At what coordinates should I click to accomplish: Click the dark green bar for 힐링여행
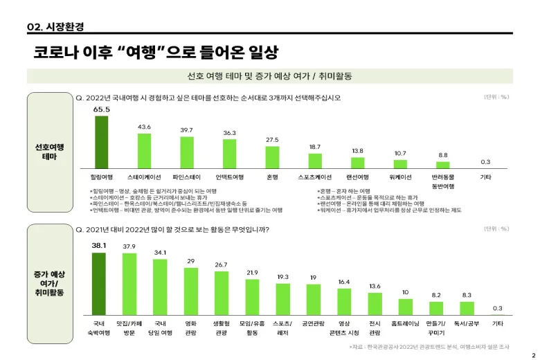pyautogui.click(x=102, y=141)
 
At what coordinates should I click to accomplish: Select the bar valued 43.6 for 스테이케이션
pyautogui.click(x=145, y=150)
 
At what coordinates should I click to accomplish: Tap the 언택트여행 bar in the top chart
pyautogui.click(x=230, y=153)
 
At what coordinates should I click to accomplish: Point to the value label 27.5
pyautogui.click(x=272, y=140)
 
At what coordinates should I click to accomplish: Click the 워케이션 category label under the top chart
pyautogui.click(x=401, y=177)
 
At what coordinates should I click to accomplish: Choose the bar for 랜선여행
pyautogui.click(x=358, y=163)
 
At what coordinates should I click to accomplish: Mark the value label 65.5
pyautogui.click(x=102, y=109)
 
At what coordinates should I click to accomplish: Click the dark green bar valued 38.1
pyautogui.click(x=99, y=284)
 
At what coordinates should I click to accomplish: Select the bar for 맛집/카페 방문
pyautogui.click(x=129, y=284)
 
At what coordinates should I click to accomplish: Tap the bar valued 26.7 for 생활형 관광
pyautogui.click(x=222, y=293)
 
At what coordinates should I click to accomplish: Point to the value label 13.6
pyautogui.click(x=375, y=286)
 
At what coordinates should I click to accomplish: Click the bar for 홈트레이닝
pyautogui.click(x=406, y=307)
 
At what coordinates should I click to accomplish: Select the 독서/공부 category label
pyautogui.click(x=467, y=323)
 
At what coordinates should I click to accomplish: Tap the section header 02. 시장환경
pyautogui.click(x=55, y=26)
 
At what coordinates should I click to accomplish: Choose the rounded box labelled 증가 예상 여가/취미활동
pyautogui.click(x=49, y=284)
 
